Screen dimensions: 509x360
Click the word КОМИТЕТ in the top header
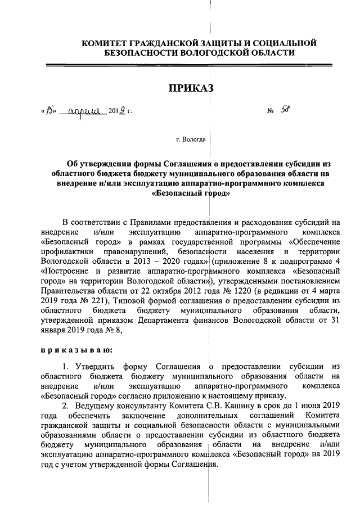click(x=105, y=43)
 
